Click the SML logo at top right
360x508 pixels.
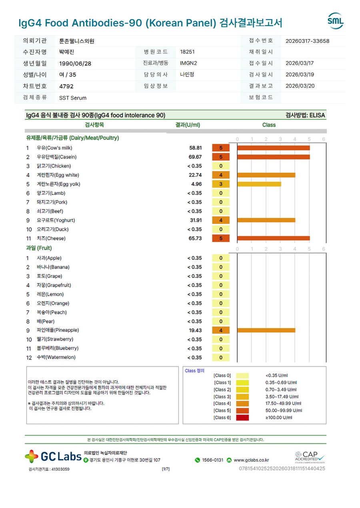click(335, 21)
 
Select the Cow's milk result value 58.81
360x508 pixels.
click(196, 148)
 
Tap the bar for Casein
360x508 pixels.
click(273, 157)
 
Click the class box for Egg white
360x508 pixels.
click(221, 175)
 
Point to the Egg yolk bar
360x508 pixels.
click(259, 184)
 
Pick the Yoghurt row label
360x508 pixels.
click(56, 220)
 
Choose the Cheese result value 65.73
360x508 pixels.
click(196, 239)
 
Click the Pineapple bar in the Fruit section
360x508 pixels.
click(266, 331)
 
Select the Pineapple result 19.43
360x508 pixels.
click(196, 331)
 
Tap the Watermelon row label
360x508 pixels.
click(56, 357)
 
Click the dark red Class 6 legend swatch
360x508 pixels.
click(242, 418)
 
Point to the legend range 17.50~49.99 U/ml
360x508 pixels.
click(283, 404)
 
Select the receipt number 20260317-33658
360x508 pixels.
click(308, 41)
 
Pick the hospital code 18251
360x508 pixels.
click(187, 52)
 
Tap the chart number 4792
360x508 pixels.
click(66, 86)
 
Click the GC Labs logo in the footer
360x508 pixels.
click(53, 456)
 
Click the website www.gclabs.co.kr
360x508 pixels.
click(251, 460)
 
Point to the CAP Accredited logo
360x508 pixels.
click(310, 456)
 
